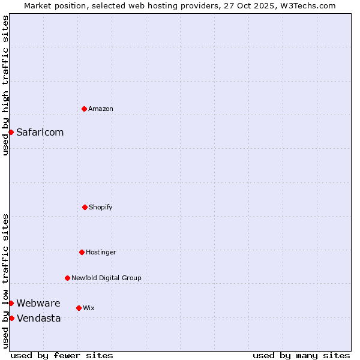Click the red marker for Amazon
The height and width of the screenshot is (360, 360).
[x=84, y=109]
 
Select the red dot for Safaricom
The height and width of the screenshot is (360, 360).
[x=11, y=132]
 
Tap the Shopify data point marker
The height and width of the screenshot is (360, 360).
[x=85, y=207]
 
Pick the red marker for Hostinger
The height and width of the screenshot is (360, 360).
[x=82, y=252]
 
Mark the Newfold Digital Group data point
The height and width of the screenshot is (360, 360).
[x=67, y=278]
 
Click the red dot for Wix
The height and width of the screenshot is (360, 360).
[x=79, y=308]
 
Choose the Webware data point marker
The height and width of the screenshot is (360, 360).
[x=11, y=303]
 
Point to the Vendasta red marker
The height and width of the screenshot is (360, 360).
[x=11, y=318]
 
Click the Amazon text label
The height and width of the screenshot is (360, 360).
[x=101, y=109]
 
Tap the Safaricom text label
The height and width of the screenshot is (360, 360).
[x=40, y=132]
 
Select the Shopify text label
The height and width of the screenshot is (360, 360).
[x=101, y=207]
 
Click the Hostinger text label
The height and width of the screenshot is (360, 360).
[x=101, y=252]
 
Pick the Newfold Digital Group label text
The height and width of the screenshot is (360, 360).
[x=106, y=278]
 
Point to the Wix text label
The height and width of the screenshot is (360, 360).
[x=89, y=308]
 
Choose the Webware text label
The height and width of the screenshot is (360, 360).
[x=38, y=303]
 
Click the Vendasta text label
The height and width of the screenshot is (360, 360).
[x=38, y=318]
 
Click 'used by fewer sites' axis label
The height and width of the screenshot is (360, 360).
[x=62, y=355]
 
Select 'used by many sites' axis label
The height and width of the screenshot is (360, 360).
[x=301, y=355]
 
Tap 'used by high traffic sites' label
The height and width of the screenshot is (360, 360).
[x=5, y=85]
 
